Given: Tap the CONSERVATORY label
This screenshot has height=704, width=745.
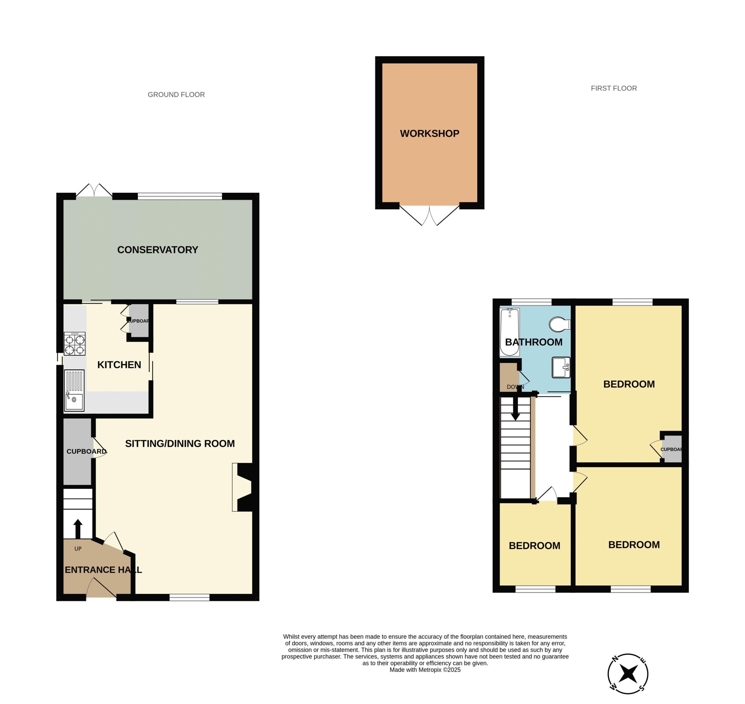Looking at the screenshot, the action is click(x=158, y=250).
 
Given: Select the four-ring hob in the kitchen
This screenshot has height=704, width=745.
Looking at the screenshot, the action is click(x=75, y=344).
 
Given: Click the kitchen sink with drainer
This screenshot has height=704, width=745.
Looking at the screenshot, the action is click(x=74, y=390).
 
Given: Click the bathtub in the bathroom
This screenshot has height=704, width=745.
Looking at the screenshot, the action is click(x=510, y=332).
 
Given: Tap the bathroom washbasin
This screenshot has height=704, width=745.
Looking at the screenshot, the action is click(x=561, y=367).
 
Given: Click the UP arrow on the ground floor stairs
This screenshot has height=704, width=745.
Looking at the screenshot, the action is click(x=78, y=529).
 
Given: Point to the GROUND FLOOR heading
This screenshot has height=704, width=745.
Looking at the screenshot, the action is click(x=176, y=95).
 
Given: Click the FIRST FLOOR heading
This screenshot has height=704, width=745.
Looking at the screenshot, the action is click(x=614, y=88).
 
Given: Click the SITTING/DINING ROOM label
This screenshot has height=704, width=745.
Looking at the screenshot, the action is click(x=180, y=444).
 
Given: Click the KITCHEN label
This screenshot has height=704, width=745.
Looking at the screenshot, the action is click(x=119, y=365).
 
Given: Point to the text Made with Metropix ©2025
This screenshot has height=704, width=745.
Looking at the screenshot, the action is click(x=425, y=670).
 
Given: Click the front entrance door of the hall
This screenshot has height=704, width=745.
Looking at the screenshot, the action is click(x=101, y=588).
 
